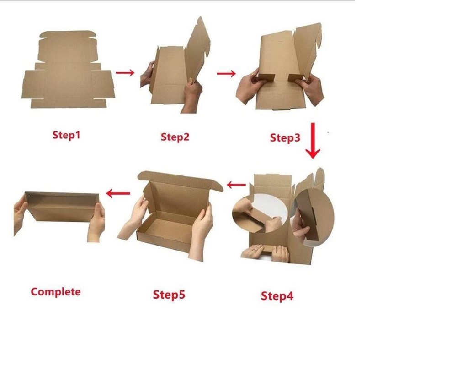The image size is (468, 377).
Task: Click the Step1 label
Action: tap(66, 135)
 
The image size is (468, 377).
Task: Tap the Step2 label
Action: tap(175, 137)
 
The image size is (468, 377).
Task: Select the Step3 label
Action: tap(285, 137)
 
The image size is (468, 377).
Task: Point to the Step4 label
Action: tap(277, 296)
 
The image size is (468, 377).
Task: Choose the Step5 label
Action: tap(169, 295)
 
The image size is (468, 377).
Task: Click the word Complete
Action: tap(56, 292)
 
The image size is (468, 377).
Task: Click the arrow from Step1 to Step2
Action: tap(125, 72)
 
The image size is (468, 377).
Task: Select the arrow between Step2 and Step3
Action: tap(226, 73)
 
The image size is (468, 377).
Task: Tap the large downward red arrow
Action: tap(313, 141)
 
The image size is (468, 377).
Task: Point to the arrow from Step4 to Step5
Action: tap(236, 185)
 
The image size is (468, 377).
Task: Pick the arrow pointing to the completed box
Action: tap(118, 193)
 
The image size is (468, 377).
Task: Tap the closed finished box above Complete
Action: tap(62, 206)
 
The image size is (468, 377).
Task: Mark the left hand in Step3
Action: tap(250, 87)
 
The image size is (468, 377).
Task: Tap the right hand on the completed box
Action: tap(96, 222)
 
